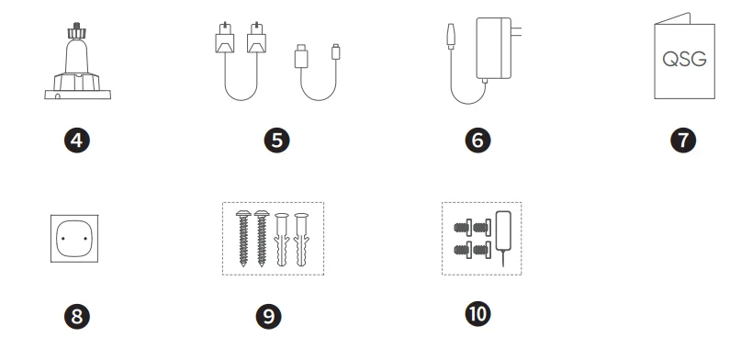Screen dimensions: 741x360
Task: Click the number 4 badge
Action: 76,141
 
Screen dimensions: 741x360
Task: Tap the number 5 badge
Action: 277,141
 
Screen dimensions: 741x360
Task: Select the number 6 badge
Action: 477,141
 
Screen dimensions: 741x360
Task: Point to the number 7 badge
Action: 683,141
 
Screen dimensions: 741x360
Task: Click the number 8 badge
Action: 76,317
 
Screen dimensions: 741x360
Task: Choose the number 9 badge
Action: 268,317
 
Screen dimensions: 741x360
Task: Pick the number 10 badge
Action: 477,314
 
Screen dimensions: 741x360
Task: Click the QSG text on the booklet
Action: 684,60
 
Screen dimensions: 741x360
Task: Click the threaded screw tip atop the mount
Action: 76,25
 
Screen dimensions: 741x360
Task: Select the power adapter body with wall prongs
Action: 494,48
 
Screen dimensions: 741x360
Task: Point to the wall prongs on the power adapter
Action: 517,31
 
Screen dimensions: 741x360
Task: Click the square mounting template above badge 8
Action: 74,239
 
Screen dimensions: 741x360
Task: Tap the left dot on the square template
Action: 63,238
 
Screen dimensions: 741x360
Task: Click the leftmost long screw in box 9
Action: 243,238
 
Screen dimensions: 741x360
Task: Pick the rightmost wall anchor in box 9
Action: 301,240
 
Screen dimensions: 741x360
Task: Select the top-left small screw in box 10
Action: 463,228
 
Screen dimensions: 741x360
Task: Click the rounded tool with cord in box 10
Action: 504,231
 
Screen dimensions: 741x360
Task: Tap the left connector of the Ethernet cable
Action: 224,38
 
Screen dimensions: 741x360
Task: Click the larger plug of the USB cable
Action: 301,56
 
